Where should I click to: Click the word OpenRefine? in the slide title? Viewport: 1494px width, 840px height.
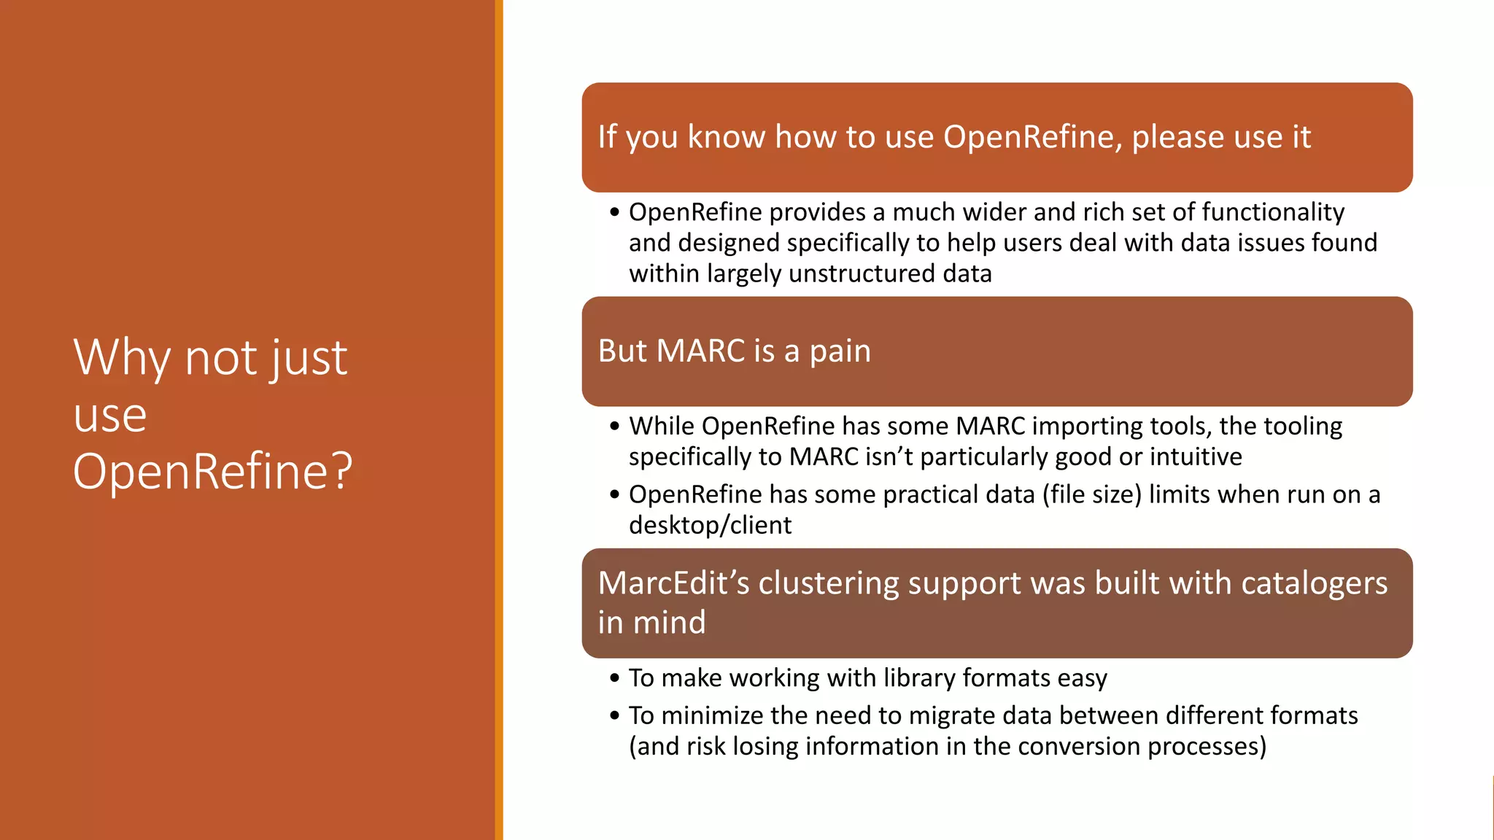212,472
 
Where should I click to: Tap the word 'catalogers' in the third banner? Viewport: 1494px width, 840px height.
1314,583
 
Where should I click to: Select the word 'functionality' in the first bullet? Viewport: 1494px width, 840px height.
1273,212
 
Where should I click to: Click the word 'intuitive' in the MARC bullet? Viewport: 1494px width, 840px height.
1196,456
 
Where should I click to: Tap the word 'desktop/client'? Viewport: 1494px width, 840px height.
710,525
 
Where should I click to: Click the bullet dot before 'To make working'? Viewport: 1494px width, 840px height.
614,678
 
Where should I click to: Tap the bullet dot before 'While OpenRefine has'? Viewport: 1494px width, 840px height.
614,426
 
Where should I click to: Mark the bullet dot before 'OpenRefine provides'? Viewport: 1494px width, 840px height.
614,212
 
